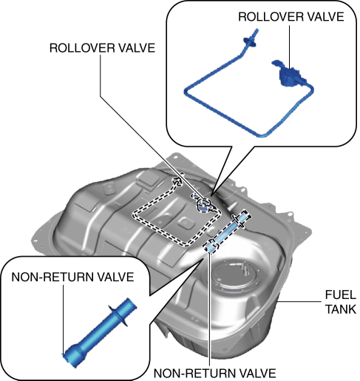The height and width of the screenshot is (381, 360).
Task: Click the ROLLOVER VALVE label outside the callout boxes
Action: [x=102, y=48]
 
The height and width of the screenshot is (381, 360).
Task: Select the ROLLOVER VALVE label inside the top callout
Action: [x=291, y=17]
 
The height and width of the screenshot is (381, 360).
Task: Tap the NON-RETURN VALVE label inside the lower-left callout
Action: [x=72, y=277]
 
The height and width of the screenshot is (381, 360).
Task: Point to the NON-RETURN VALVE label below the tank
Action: [x=214, y=374]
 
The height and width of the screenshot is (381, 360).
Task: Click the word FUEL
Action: [x=341, y=294]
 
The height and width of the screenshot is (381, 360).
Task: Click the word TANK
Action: [x=341, y=309]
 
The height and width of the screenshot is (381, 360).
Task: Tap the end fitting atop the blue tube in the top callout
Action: [x=251, y=39]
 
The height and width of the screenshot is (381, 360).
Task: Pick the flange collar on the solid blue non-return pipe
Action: [x=118, y=316]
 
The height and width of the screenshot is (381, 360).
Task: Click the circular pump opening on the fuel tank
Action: [x=234, y=274]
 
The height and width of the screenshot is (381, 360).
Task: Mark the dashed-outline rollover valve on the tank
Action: [x=204, y=203]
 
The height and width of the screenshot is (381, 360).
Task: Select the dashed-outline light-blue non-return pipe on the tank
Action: [x=227, y=231]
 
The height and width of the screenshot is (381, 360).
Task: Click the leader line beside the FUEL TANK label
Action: [x=299, y=301]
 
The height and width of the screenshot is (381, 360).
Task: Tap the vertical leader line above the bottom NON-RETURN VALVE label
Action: [x=210, y=308]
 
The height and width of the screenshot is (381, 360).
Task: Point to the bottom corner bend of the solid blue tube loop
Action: [x=261, y=135]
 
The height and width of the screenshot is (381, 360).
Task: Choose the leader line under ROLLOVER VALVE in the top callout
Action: [x=289, y=47]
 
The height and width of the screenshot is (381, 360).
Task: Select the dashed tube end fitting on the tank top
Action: [x=178, y=181]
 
